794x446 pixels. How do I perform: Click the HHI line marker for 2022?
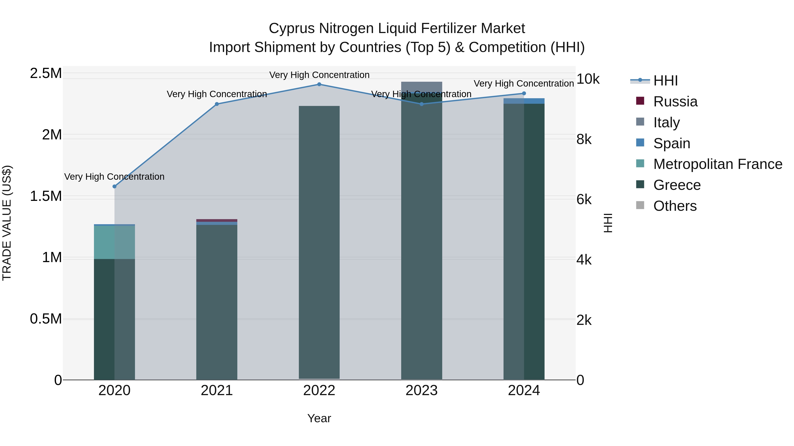(x=319, y=84)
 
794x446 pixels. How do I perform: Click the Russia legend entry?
(x=675, y=102)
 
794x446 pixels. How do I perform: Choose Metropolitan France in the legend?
(x=717, y=164)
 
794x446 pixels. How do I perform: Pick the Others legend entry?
(x=675, y=206)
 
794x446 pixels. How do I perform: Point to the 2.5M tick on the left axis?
(x=46, y=73)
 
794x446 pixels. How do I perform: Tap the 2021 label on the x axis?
(x=217, y=390)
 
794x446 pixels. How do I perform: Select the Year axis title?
(x=319, y=418)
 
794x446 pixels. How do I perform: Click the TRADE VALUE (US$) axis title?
(x=7, y=223)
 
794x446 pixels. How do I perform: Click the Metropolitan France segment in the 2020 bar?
(x=114, y=242)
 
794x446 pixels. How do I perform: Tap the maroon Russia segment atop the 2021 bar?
(x=217, y=220)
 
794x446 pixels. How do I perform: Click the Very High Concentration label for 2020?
(x=114, y=177)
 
